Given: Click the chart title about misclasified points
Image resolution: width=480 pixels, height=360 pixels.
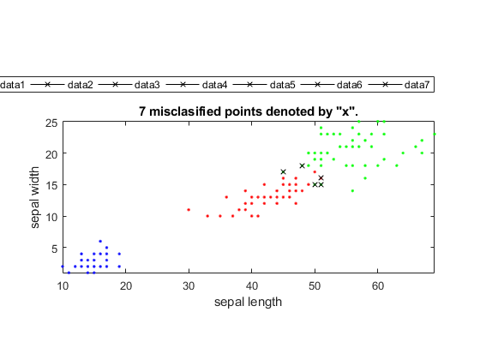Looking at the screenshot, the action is coord(249,111).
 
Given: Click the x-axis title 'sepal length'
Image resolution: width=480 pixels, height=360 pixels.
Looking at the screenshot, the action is coord(248,302).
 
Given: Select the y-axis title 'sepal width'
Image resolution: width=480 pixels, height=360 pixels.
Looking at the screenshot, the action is coord(35,197).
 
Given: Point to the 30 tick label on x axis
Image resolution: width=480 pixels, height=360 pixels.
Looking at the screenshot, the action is coord(189,286).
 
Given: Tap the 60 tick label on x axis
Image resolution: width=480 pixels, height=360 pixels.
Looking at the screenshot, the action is coord(378,286).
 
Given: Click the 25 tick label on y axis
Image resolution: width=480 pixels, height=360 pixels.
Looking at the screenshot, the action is coord(51,123).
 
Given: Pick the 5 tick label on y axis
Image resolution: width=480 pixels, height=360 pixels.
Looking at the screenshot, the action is coord(55,249).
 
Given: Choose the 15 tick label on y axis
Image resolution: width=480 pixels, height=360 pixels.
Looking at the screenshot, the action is coord(51,186).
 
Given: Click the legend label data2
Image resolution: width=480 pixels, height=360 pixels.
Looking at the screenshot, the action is coord(80,85).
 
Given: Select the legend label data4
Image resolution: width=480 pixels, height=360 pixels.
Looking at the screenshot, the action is coord(214,85).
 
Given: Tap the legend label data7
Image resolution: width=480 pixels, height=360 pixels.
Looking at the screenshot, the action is coord(417,85).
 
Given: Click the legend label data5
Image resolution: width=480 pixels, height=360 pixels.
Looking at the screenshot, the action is coord(282,85).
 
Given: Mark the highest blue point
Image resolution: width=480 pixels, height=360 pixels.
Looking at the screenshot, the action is coord(100,241).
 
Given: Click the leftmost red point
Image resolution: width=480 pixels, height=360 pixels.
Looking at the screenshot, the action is coord(189,210).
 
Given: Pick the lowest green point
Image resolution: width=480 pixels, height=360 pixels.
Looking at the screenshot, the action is coord(352,190).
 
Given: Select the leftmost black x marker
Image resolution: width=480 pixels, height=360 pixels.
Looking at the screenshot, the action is coord(283,171).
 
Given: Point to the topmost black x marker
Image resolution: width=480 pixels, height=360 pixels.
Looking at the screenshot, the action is coord(302,165).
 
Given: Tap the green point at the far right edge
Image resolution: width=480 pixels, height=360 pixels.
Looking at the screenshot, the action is coord(434,134).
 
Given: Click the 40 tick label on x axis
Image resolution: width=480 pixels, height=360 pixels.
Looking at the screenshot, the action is coord(252,286).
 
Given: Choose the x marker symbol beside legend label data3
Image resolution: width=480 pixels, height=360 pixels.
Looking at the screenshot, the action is coord(115,85).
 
